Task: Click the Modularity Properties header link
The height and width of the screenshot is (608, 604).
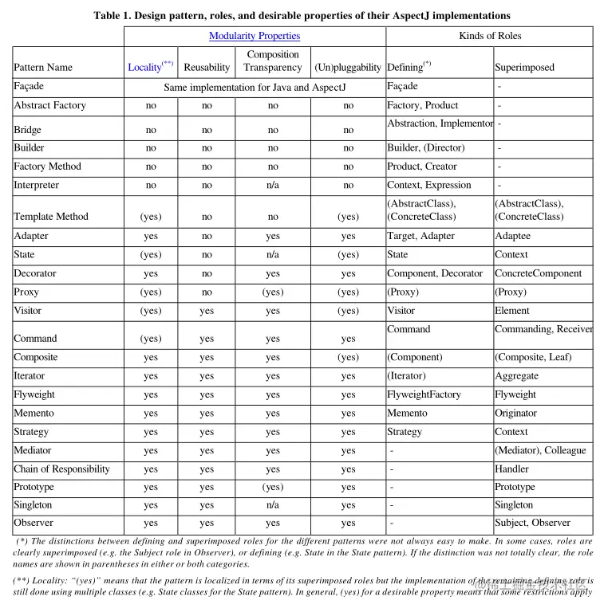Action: [255, 36]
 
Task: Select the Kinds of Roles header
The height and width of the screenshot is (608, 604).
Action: [489, 36]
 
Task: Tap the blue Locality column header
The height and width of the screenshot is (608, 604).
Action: [144, 68]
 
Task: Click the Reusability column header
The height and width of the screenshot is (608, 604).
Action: [207, 68]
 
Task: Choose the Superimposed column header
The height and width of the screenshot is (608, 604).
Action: [524, 68]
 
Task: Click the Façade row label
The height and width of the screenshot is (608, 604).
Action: [29, 86]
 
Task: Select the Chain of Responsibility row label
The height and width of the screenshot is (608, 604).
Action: [61, 469]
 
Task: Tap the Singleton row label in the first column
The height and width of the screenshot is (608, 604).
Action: [33, 505]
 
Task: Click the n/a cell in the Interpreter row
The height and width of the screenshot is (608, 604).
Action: [273, 186]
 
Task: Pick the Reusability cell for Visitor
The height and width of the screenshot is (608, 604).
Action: [207, 312]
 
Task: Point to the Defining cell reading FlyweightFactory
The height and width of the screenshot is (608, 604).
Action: [424, 394]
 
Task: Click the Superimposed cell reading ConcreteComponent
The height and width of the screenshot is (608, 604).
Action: [538, 273]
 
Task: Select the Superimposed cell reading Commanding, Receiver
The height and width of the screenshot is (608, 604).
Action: [543, 329]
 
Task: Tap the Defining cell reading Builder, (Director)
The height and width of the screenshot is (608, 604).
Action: [425, 148]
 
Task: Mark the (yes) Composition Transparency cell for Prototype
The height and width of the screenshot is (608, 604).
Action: [273, 488]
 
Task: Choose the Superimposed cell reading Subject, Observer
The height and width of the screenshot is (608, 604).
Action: [532, 524]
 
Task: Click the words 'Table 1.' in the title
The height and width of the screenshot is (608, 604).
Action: [114, 15]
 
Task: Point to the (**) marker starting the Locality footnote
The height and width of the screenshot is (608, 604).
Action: [23, 581]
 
